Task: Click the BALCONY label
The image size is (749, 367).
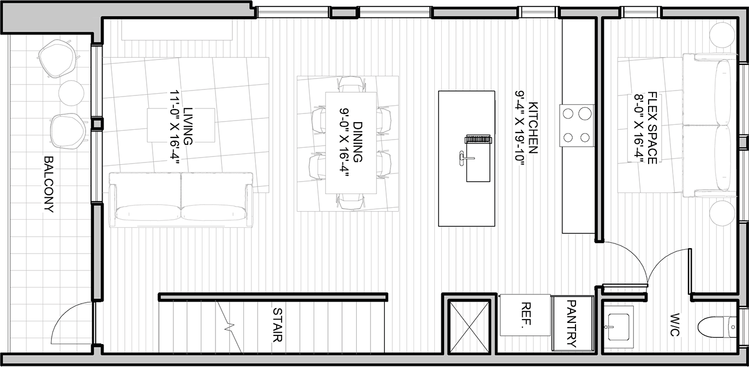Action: coord(49,184)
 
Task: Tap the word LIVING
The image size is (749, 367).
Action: coord(188,127)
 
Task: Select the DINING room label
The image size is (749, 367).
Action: coord(358,142)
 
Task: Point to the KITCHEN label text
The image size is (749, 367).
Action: coord(532,128)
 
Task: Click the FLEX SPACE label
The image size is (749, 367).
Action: coord(652,128)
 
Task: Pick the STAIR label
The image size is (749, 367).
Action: coord(278,324)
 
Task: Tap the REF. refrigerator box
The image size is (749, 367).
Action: coord(525,315)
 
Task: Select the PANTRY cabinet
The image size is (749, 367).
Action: coord(573,323)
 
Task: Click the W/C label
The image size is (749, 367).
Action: coord(675,324)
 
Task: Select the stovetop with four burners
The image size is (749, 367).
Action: coord(577,125)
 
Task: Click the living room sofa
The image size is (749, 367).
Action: coord(181,200)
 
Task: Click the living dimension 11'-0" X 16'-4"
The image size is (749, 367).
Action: coord(175,128)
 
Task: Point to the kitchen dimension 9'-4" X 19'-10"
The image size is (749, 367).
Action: coord(519,128)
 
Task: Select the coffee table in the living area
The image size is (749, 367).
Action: coord(181,125)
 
